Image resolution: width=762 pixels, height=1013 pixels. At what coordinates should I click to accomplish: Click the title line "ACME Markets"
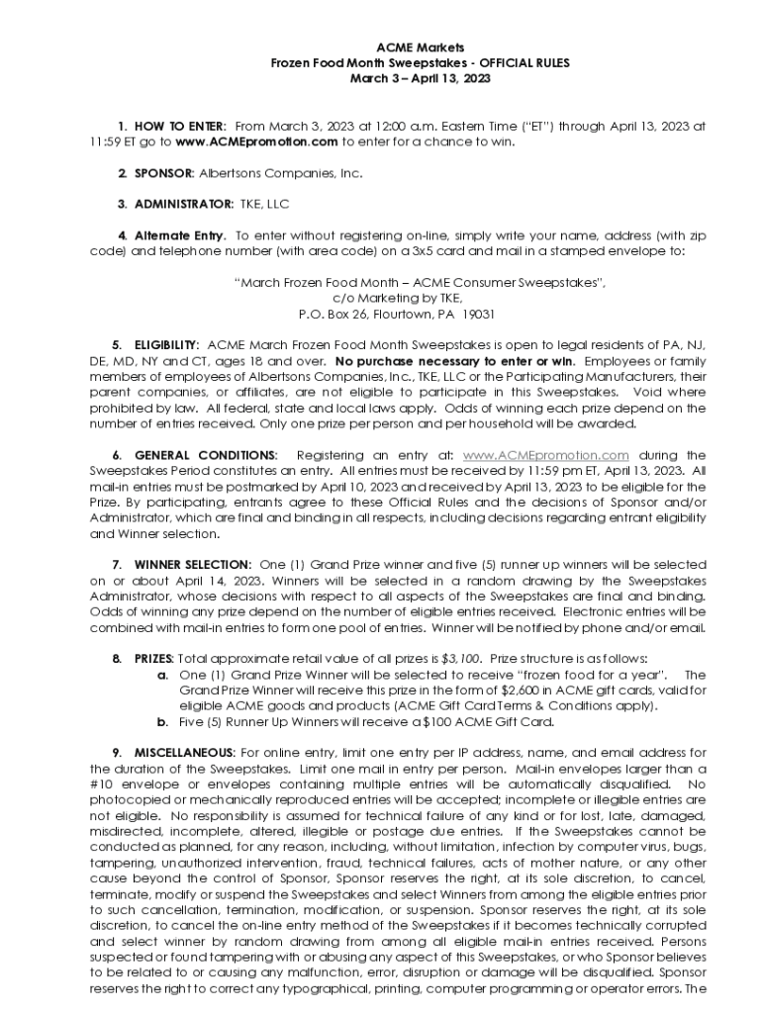click(420, 47)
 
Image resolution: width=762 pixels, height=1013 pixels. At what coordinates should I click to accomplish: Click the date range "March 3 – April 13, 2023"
click(420, 77)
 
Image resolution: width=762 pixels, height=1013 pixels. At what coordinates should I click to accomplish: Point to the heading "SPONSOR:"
click(164, 173)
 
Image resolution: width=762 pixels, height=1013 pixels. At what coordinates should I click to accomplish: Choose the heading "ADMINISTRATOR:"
click(183, 205)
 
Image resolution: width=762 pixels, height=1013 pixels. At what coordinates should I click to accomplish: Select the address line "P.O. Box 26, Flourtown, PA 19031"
click(396, 314)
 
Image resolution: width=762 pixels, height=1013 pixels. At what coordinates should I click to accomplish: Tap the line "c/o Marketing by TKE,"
click(396, 298)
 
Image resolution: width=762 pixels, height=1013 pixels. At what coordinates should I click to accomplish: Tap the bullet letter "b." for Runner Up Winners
click(163, 721)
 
